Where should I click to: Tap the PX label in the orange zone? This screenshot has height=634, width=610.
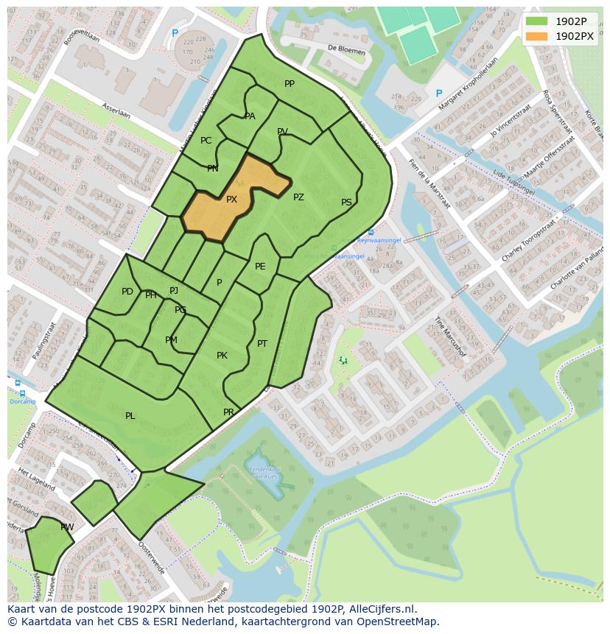231,200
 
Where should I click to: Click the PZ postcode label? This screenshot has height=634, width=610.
298,197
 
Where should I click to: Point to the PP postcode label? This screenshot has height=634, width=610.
290,84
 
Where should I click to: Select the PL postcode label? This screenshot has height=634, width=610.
130,416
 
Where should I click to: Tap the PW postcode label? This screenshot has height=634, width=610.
67,527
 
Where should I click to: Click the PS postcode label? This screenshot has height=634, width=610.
346,202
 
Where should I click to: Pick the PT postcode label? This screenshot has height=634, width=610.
262,344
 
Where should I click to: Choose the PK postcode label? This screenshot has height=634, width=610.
222,356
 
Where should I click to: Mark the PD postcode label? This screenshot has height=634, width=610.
127,292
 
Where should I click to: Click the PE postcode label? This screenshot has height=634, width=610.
260,267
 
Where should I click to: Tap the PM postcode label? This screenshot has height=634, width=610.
171,340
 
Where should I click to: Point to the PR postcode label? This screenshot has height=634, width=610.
228,412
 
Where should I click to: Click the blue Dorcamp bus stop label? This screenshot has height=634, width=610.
22,401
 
